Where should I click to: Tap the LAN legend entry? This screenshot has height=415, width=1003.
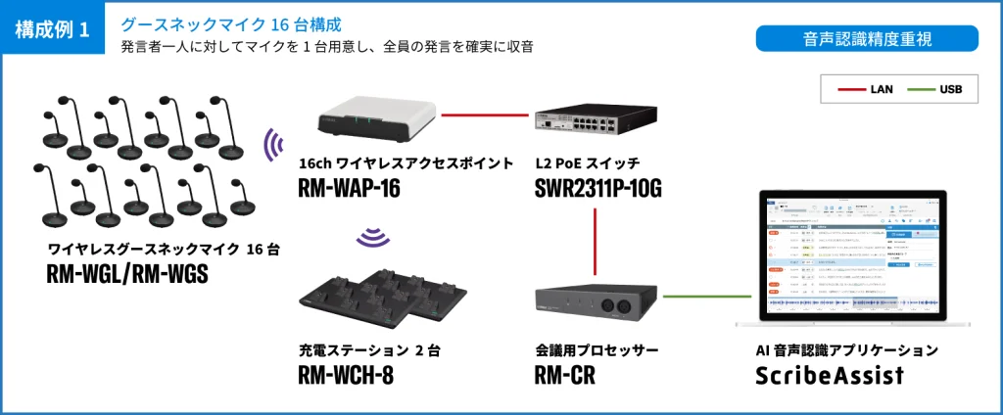[867, 89]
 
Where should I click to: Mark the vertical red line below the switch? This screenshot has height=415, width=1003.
[597, 240]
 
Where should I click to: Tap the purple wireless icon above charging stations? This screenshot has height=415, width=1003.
[369, 237]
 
